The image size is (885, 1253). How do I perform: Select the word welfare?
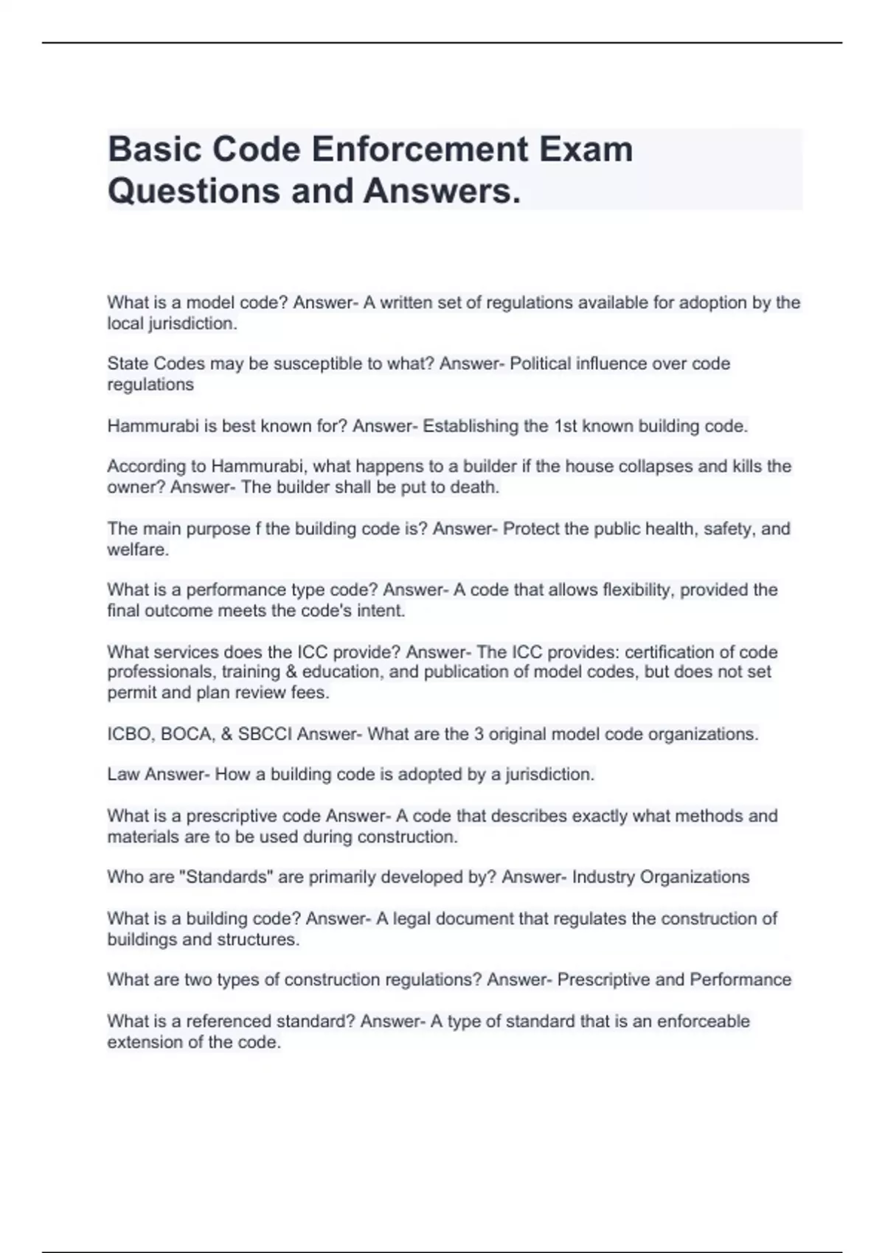point(138,550)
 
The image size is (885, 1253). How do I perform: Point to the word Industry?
point(603,877)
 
